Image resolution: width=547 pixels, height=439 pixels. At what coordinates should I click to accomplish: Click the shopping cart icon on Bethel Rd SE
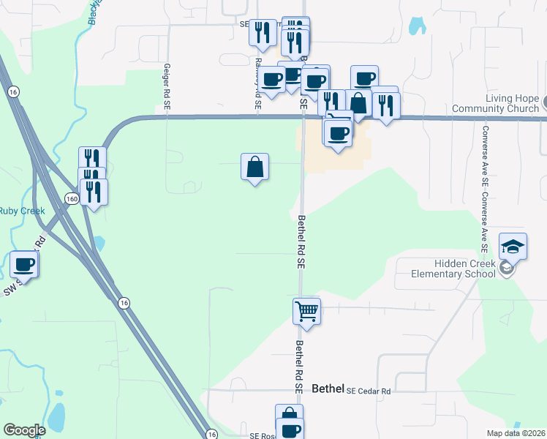coord(307,311)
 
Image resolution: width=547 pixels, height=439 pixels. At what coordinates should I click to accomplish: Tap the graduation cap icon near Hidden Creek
coord(513,247)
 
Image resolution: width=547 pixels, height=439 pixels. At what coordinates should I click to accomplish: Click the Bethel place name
coord(327,389)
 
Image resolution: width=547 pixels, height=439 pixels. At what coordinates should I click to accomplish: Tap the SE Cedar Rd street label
coord(369,391)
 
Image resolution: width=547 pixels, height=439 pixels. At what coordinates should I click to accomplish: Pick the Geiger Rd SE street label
coord(167,87)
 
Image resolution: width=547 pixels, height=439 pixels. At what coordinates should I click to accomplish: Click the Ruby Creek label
coord(22,211)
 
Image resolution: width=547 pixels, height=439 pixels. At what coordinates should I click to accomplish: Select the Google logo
coord(24,430)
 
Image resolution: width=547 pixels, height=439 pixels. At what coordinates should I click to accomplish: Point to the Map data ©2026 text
coord(515,433)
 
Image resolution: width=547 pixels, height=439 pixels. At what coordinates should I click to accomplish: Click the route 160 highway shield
coord(71,199)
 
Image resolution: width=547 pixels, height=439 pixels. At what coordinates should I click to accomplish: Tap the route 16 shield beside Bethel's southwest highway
coord(124,302)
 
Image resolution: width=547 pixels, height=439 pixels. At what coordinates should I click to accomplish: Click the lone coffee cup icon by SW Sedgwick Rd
coord(24,264)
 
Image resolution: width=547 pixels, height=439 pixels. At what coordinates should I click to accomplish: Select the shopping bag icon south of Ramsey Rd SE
coord(254,167)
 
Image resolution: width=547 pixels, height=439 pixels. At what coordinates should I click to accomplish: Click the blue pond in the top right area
coord(417,26)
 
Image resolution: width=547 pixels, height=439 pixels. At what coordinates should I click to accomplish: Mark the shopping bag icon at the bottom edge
coord(289,415)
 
